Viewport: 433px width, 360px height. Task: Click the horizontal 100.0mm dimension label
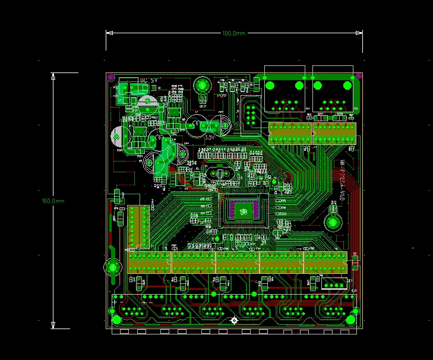click(234, 33)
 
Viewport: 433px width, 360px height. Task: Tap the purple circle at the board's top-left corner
click(110, 77)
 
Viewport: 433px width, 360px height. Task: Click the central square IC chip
click(242, 210)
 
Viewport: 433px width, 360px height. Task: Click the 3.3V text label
click(208, 137)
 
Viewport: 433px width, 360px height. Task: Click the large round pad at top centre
click(202, 86)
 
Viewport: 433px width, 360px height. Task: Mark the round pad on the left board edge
click(112, 267)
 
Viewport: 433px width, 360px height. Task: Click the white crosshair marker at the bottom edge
click(234, 321)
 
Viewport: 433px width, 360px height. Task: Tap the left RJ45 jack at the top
click(286, 95)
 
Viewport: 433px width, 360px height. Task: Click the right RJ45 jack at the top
click(334, 95)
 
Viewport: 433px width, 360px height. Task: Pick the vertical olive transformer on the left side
click(138, 227)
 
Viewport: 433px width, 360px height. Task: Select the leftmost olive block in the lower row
click(150, 262)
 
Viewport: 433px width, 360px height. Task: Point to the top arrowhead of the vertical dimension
click(53, 75)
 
